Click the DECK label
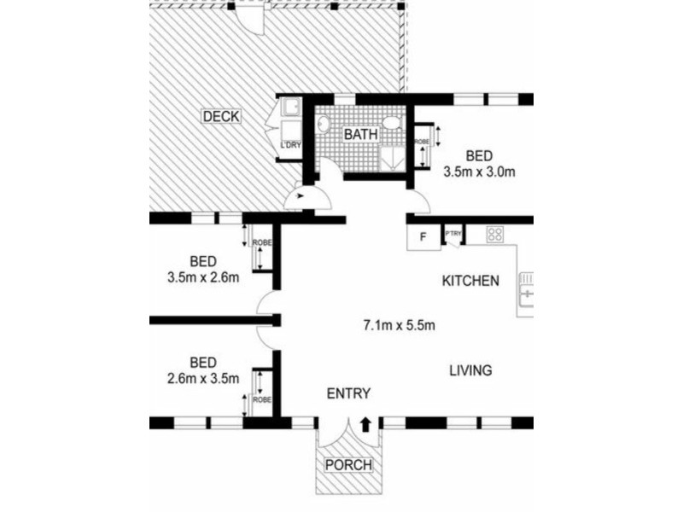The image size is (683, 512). (x=221, y=116)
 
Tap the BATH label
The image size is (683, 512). (x=360, y=134)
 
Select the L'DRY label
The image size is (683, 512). (x=290, y=144)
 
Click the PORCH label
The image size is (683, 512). (x=349, y=464)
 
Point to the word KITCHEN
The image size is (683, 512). (x=470, y=281)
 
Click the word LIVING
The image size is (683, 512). (x=471, y=370)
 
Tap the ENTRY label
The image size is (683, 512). (x=348, y=393)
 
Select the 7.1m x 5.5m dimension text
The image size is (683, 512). (x=399, y=325)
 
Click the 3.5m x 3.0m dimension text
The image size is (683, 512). (x=479, y=172)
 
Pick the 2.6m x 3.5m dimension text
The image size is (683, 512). (x=203, y=378)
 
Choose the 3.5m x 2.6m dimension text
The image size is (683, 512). (x=203, y=277)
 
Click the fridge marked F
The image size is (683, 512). (x=423, y=237)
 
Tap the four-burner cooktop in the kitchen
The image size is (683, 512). (x=495, y=234)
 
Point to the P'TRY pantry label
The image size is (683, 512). (x=453, y=234)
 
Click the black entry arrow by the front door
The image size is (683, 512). (x=365, y=424)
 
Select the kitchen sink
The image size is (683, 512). (x=526, y=290)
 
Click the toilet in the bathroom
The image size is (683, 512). (x=393, y=122)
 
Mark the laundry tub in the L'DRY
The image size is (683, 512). (x=291, y=108)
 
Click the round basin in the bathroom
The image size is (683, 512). (x=324, y=124)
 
